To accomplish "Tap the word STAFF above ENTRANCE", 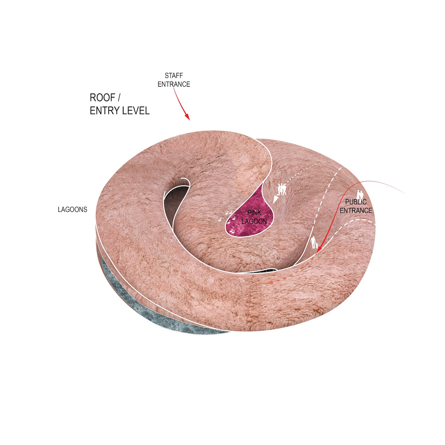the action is point(174,76).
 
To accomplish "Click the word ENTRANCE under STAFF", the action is point(174,84).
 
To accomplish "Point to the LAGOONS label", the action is point(73,209).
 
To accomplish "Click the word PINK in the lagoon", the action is point(254,213).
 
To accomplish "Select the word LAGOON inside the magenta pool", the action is point(254,221).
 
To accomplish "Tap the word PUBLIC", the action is point(356,202).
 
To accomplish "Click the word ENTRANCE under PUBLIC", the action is point(356,210).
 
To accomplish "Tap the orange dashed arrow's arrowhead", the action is point(269,282).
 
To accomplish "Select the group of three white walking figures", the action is point(282,189).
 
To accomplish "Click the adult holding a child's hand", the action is point(314,243).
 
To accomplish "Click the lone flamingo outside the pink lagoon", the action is point(220,220).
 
